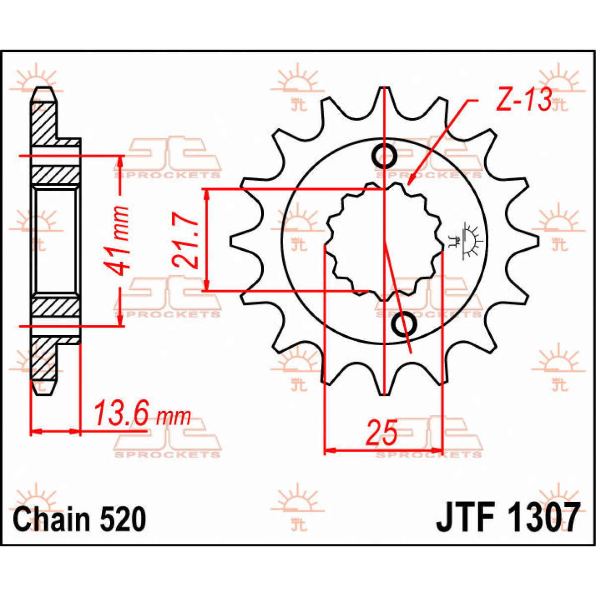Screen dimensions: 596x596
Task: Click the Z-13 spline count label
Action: [523, 101]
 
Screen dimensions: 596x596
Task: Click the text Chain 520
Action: [79, 520]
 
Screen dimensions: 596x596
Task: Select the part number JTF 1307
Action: [508, 519]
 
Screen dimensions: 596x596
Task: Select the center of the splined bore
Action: [384, 241]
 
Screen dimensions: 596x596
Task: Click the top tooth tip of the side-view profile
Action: [43, 92]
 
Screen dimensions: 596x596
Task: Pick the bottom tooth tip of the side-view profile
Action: [43, 389]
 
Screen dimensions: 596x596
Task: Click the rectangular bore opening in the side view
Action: [55, 240]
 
